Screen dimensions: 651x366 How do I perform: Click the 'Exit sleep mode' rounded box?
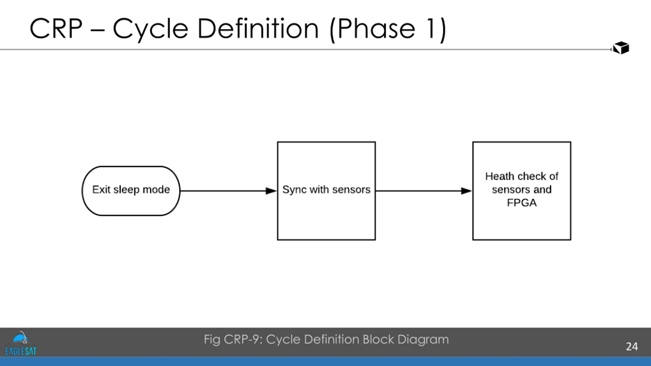[131, 191]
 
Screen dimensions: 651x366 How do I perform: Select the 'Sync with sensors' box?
[327, 191]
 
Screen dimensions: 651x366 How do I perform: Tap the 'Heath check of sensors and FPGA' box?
[522, 191]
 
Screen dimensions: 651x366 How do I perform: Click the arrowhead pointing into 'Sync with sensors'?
[271, 191]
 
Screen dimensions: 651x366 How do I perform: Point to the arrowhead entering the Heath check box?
[466, 191]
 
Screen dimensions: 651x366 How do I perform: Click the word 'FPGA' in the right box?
[522, 203]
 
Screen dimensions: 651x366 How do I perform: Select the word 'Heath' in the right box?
[499, 176]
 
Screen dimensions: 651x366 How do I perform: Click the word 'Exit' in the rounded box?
[101, 190]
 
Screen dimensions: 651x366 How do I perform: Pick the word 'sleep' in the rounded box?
[126, 190]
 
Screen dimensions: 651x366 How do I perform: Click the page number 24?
[632, 347]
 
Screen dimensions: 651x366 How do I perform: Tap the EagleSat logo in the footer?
[21, 343]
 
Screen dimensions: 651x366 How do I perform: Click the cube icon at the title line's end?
[621, 48]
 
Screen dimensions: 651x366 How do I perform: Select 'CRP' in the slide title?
[56, 28]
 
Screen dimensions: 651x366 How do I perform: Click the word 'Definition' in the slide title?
[258, 28]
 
